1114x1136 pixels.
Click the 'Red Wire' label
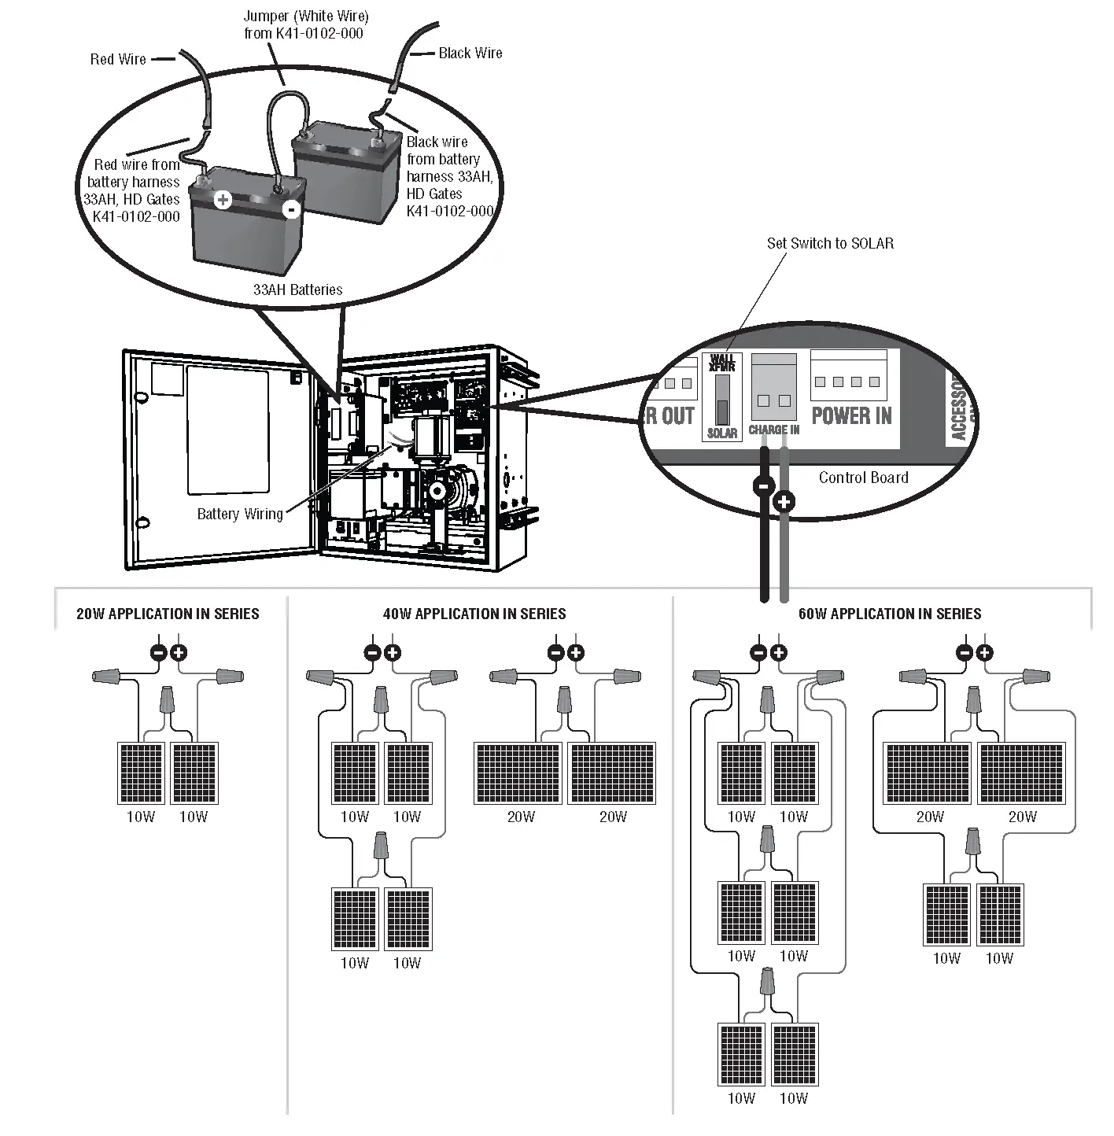pos(118,59)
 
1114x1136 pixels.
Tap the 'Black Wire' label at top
pos(470,53)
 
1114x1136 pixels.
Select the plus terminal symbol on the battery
pos(223,199)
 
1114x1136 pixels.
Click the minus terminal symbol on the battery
pos(291,209)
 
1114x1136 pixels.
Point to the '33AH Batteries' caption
pos(297,290)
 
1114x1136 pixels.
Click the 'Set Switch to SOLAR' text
pos(830,243)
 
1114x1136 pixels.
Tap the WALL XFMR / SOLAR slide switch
pos(722,400)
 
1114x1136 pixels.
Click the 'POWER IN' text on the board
pos(851,415)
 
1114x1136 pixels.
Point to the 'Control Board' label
pos(863,478)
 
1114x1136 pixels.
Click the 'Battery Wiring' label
pos(240,514)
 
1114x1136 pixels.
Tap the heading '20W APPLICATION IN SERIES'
pos(168,614)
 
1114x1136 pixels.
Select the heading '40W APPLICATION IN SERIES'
pos(474,614)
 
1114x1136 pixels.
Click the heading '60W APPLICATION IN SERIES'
pos(890,614)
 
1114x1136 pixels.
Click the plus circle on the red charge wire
pos(784,501)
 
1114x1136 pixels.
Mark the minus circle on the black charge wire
pos(763,485)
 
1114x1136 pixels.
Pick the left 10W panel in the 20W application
pos(141,773)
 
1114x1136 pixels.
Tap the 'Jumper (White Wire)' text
pos(305,16)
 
